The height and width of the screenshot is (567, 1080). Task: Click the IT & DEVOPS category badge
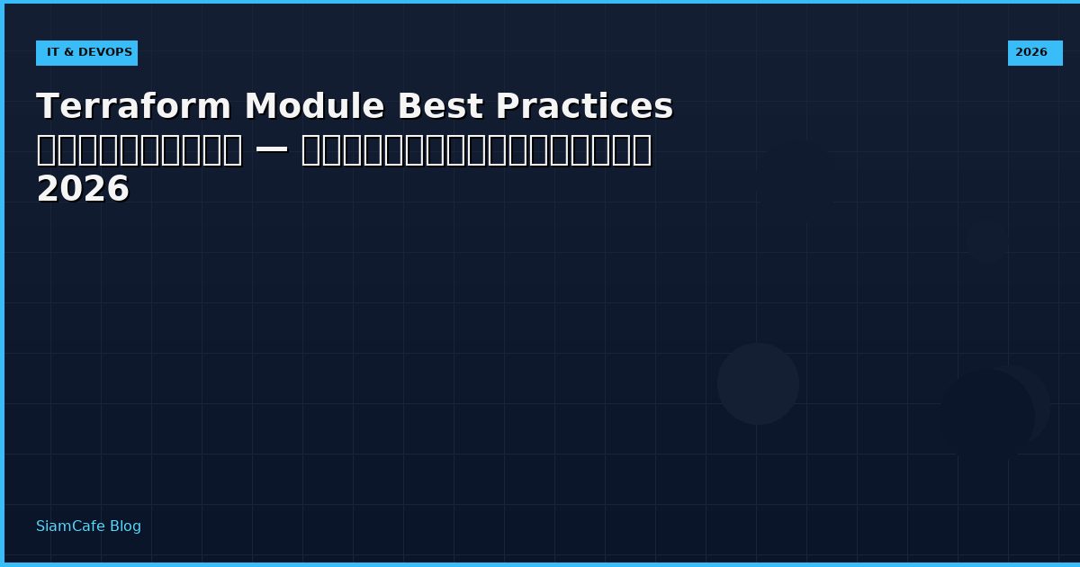(87, 53)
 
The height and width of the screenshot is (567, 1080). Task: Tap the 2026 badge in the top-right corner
(1034, 53)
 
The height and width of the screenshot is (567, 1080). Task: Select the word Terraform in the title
(134, 106)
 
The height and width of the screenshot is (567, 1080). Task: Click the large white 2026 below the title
(83, 190)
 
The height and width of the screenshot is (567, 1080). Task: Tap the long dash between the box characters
(272, 149)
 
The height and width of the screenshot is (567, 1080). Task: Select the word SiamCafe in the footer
(70, 526)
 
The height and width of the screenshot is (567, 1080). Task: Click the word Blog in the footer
(125, 526)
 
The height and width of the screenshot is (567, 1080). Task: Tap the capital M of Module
(261, 106)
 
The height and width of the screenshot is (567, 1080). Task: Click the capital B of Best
(409, 106)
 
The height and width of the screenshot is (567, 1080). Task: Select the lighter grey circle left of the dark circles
(758, 383)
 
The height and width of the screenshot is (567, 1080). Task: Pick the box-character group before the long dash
(139, 149)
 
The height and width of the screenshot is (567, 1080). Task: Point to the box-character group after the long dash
(476, 149)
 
